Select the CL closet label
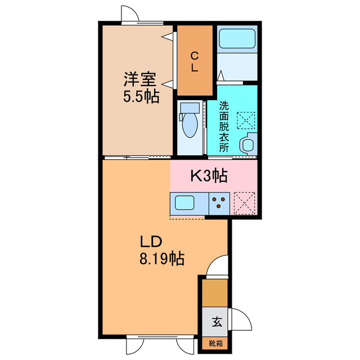coord(194,61)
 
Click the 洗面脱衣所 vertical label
coord(224,127)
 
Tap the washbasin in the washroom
coord(247,145)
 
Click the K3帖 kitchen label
coord(208,176)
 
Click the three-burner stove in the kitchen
coord(220,202)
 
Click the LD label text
coord(151,242)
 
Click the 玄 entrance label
coord(216,322)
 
